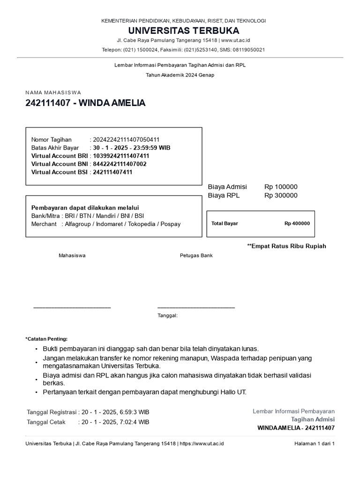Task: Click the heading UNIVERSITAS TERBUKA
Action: coord(184,31)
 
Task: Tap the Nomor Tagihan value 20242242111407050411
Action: coord(126,140)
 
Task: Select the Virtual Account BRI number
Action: coord(121,156)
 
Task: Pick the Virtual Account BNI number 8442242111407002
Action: coord(120,164)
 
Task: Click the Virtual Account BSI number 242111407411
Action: coord(112,172)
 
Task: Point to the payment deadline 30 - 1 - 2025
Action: coord(110,148)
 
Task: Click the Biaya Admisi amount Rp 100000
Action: coord(281,187)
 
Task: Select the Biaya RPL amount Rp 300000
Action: coord(281,195)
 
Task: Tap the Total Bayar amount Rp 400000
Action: coord(297,224)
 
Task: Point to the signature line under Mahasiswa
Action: coord(72,307)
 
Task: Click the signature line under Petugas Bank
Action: coord(196,307)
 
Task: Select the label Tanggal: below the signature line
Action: coord(167,316)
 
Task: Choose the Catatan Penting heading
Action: coord(46,338)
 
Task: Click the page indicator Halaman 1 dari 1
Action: coord(314,443)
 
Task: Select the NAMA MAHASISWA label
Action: coord(53,93)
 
